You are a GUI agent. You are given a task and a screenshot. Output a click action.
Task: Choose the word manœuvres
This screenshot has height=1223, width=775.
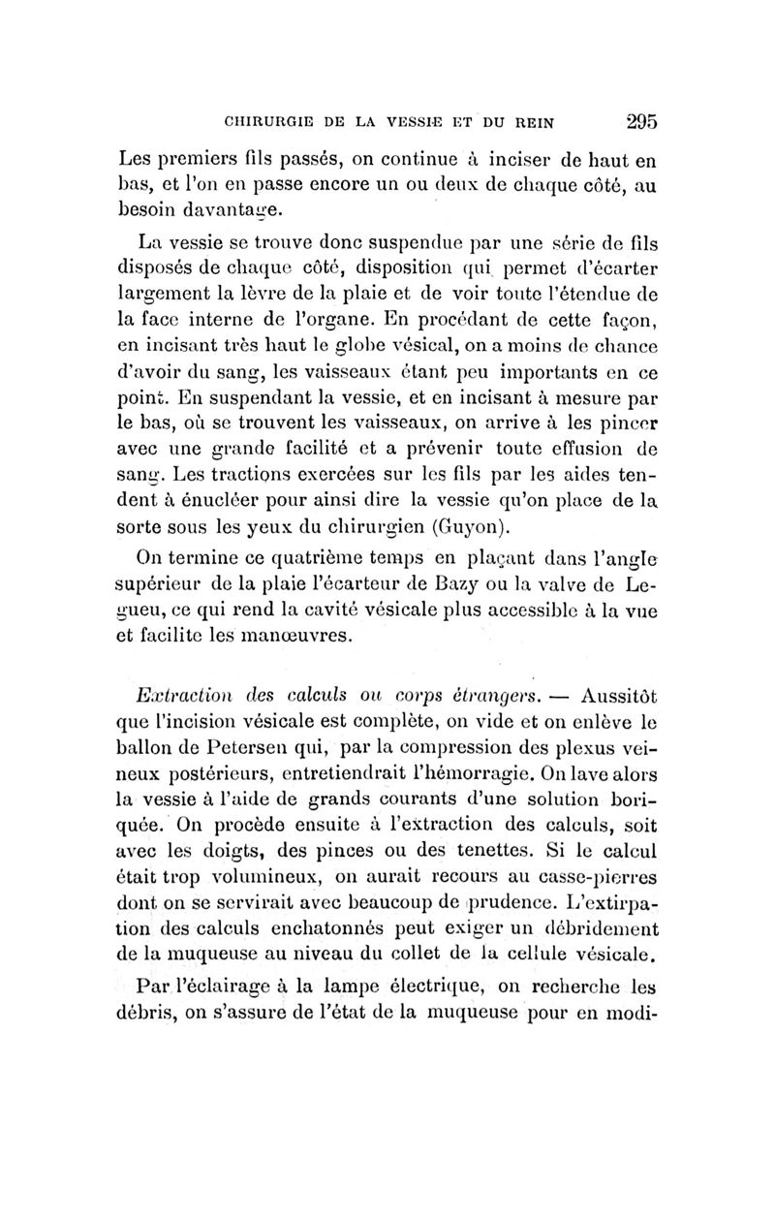(289, 637)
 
